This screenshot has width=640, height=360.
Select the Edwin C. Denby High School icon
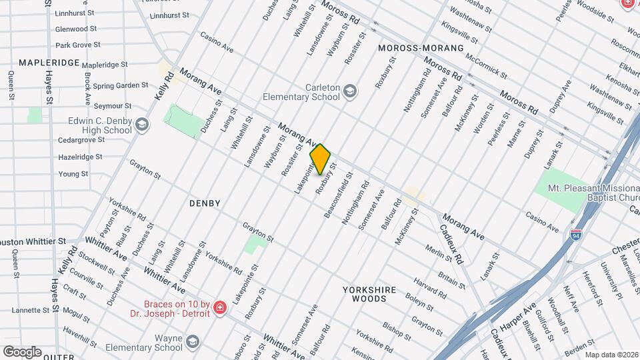click(142, 125)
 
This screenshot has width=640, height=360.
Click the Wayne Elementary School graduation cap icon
click(192, 342)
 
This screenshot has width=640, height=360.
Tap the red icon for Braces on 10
click(219, 308)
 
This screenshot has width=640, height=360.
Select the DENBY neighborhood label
click(205, 203)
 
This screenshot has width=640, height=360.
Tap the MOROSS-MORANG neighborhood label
click(420, 49)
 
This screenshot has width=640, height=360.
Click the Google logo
click(22, 351)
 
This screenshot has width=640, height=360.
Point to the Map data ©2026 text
click(611, 355)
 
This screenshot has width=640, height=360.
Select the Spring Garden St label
click(120, 85)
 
